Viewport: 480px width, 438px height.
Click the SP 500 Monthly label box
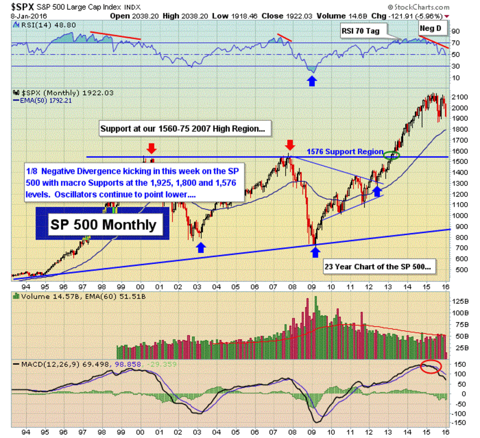coord(102,224)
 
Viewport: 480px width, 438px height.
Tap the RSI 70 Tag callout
coord(360,31)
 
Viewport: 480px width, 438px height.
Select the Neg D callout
coord(430,28)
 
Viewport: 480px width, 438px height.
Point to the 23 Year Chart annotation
coord(377,267)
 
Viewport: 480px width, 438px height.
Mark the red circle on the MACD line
coord(431,366)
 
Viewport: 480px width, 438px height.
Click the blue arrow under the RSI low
coord(312,81)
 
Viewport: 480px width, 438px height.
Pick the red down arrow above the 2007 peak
coord(290,144)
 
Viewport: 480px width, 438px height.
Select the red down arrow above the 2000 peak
coord(151,148)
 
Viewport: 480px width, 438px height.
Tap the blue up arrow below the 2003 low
coord(201,248)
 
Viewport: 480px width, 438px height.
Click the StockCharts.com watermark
coord(418,7)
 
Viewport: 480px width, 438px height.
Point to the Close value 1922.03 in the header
coord(298,16)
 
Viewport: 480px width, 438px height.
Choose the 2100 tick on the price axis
coord(460,97)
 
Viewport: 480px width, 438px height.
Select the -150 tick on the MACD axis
coord(459,423)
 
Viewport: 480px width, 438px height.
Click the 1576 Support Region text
coord(345,152)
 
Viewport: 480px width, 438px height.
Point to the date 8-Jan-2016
coord(29,16)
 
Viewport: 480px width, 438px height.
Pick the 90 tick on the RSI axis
coord(455,31)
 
